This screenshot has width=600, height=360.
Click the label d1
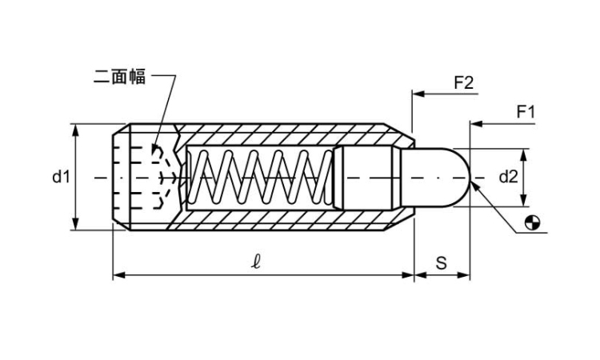tap(62, 177)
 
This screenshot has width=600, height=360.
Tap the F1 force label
tap(525, 112)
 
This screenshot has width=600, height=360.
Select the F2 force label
tap(464, 82)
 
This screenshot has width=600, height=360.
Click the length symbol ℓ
tap(255, 262)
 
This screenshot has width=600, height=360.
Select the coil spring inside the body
tap(260, 177)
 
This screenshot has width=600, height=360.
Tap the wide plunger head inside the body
tap(364, 177)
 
